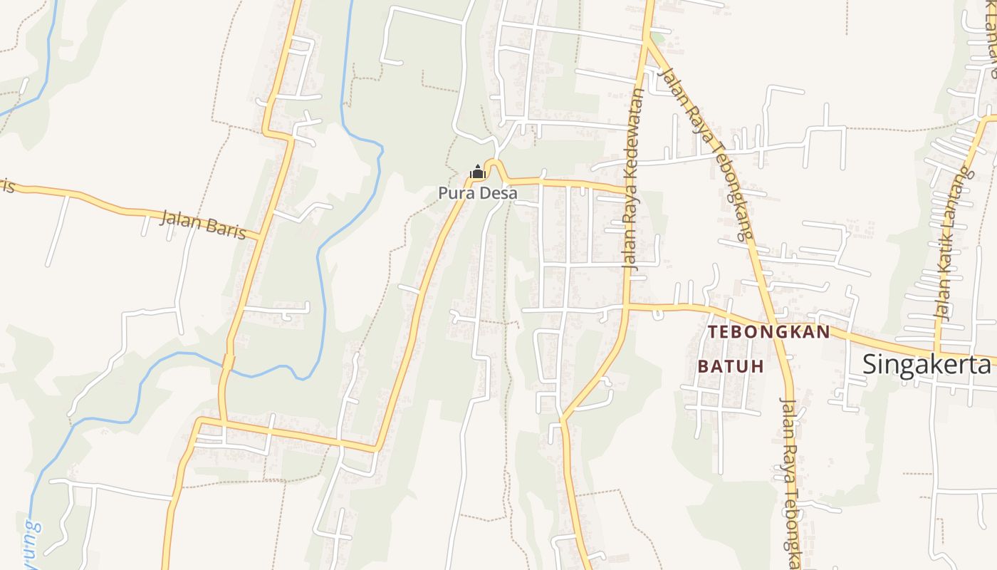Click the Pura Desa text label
pos(477,193)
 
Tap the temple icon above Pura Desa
pos(477,172)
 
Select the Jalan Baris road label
pos(202,224)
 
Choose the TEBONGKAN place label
pos(769,332)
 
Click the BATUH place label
pos(731,366)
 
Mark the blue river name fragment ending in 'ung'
pos(31,539)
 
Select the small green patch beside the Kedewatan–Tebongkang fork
pos(658,37)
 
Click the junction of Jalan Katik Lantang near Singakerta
pos(939,354)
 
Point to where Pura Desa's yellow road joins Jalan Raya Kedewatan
pos(628,191)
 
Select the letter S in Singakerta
pos(870,364)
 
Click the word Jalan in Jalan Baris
pos(177,218)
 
